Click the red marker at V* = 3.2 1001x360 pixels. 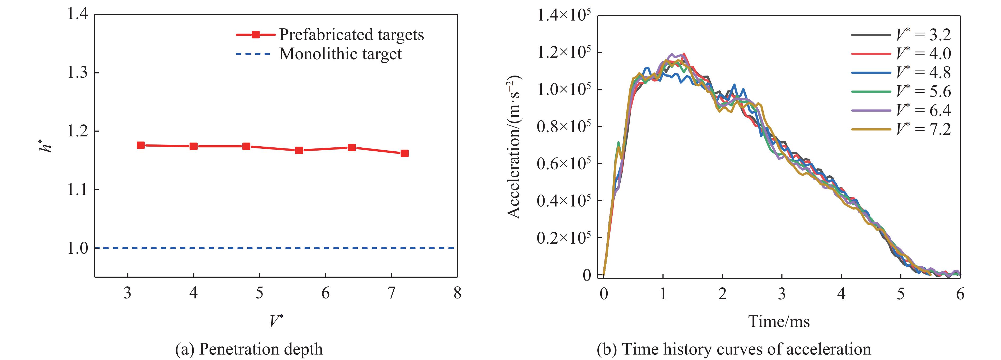141,145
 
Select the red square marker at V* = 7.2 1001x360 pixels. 404,153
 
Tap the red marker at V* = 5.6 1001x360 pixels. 299,150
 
